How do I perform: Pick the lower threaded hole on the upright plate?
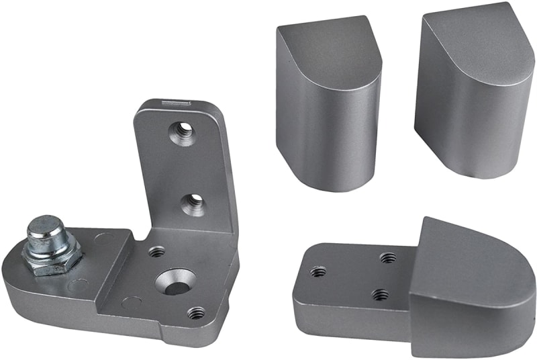tap(193, 204)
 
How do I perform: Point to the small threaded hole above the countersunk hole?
tap(157, 252)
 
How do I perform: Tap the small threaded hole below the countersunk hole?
tap(195, 312)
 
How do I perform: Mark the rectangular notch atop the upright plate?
tap(176, 103)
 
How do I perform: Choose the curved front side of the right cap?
tap(463, 128)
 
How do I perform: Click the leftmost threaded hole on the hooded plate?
tap(318, 271)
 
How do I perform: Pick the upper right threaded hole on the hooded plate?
tap(387, 257)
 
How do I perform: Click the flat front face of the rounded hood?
tap(463, 316)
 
